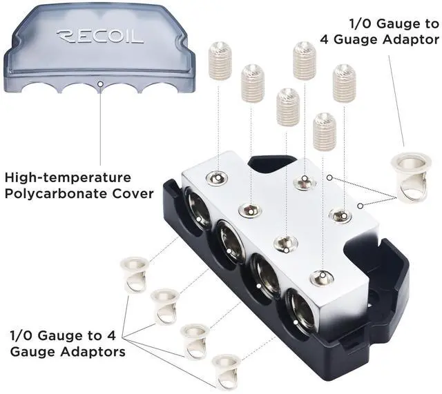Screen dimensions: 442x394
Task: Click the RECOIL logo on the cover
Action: tap(100, 35)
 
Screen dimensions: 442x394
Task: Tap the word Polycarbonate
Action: tap(56, 193)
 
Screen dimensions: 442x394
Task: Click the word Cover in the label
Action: tap(131, 193)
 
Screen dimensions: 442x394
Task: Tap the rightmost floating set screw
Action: tap(343, 83)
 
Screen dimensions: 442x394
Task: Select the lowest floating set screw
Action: tap(324, 131)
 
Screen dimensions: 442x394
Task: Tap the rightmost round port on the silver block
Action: tap(300, 308)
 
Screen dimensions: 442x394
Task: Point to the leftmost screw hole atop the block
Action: tap(217, 177)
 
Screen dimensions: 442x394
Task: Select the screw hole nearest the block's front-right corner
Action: tap(322, 277)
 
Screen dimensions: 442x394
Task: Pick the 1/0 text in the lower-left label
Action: tap(21, 336)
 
